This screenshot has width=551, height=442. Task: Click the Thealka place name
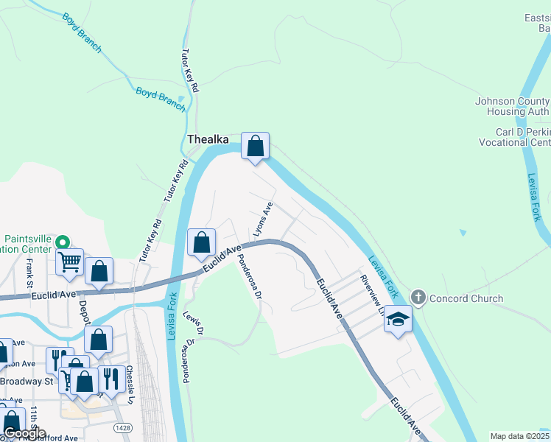tap(208, 139)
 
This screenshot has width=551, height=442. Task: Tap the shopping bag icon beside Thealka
tap(255, 146)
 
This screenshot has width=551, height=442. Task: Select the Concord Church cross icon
tap(418, 298)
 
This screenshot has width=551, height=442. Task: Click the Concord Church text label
tap(466, 298)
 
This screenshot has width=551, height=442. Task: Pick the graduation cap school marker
tap(398, 320)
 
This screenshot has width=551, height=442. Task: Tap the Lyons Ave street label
tap(263, 220)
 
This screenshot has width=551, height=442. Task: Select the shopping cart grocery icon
tap(70, 261)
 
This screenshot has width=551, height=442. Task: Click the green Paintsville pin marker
tap(63, 242)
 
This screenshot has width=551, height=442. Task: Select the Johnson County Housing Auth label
tap(513, 106)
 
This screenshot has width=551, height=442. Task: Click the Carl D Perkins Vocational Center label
tap(513, 137)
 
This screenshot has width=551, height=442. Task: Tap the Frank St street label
tap(30, 273)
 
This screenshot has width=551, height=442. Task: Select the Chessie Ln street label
tap(130, 384)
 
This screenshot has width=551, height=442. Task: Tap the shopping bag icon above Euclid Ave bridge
tap(201, 242)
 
